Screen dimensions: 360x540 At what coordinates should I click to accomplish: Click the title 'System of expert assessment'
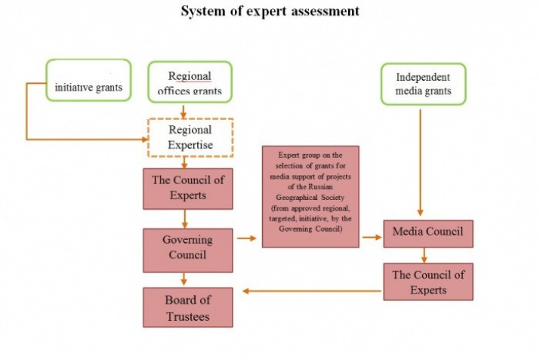[270, 11]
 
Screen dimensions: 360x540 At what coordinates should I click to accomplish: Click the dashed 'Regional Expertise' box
[190, 137]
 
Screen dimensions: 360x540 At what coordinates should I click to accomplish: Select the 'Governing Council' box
[188, 248]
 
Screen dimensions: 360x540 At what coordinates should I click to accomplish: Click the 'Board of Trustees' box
[188, 307]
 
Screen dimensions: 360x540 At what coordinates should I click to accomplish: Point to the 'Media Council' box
[427, 232]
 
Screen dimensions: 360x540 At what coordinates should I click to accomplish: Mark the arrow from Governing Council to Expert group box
[246, 238]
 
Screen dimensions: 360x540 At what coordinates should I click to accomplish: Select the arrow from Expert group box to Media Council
[371, 237]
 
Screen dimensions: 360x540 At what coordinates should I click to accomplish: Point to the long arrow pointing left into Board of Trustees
[310, 291]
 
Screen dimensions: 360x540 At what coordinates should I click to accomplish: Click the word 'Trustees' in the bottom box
[188, 315]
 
